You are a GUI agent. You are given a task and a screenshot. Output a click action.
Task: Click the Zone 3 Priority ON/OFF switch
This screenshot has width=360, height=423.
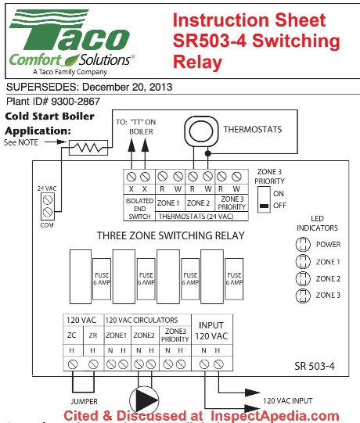(x=265, y=198)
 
